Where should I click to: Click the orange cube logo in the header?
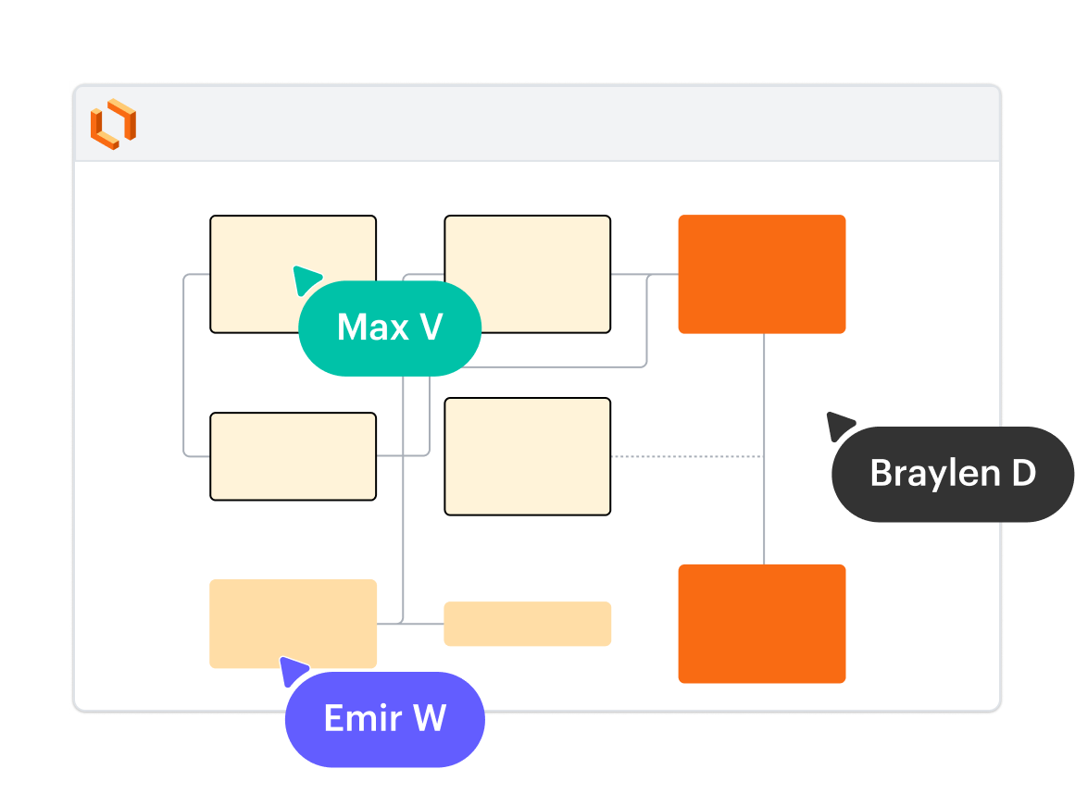pos(113,123)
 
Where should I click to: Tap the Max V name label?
pos(390,328)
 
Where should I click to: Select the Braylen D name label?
pos(953,474)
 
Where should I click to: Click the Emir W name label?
pos(385,719)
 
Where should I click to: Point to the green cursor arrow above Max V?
pos(306,279)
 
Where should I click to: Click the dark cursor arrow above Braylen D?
pos(839,425)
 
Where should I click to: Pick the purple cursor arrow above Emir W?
pos(293,669)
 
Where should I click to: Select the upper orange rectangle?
pos(761,274)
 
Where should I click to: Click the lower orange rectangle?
pos(761,623)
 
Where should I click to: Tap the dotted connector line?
pos(685,456)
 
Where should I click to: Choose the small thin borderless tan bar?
pos(527,624)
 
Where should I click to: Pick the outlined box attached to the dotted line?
pos(527,456)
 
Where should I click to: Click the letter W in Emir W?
pos(429,719)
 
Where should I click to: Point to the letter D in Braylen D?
pos(1022,474)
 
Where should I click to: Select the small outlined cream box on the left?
pos(293,456)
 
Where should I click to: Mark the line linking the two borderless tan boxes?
pos(410,624)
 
